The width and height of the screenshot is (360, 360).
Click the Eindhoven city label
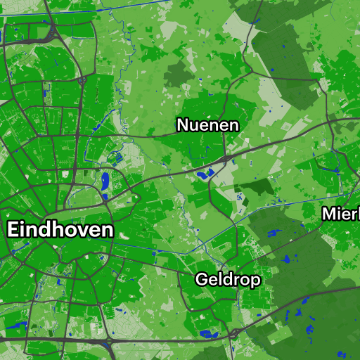[x=60, y=230]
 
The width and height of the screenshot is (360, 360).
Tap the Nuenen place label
[x=207, y=126]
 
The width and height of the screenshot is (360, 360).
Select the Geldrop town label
[x=228, y=280]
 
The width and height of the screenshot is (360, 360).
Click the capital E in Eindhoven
[x=14, y=230]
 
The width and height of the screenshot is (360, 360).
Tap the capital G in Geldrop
[x=202, y=279]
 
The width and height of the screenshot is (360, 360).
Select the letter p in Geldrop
[x=255, y=281]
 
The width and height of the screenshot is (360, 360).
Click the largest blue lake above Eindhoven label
[x=105, y=181]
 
